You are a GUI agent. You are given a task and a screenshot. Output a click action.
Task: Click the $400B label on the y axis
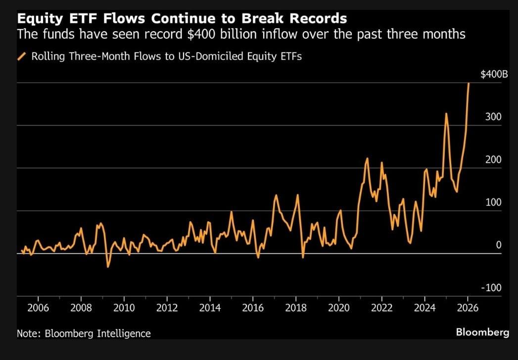(x=494, y=75)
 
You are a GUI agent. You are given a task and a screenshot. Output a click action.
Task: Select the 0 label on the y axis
(x=499, y=245)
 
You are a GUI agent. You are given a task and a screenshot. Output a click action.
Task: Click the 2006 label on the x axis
(x=38, y=308)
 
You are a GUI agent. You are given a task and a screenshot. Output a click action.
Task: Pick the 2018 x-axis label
(x=296, y=308)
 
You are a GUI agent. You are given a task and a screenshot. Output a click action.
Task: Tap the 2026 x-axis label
(x=468, y=308)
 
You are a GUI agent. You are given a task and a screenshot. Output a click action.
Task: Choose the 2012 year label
(x=167, y=308)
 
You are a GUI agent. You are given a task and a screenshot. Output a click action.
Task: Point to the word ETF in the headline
(x=65, y=19)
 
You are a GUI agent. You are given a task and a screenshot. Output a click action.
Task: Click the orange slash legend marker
(x=21, y=56)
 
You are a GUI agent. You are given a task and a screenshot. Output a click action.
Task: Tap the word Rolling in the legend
(x=47, y=56)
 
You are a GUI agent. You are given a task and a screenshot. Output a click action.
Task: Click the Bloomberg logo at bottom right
(x=482, y=332)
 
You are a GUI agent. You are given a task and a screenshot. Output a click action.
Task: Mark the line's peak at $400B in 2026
(x=469, y=84)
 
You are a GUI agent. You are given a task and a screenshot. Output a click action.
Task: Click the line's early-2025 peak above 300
(x=446, y=113)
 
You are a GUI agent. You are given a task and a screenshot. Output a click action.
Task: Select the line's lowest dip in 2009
(x=108, y=267)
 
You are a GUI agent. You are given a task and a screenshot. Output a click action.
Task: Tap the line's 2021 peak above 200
(x=367, y=158)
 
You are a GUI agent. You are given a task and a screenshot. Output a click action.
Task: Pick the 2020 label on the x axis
(x=339, y=308)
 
